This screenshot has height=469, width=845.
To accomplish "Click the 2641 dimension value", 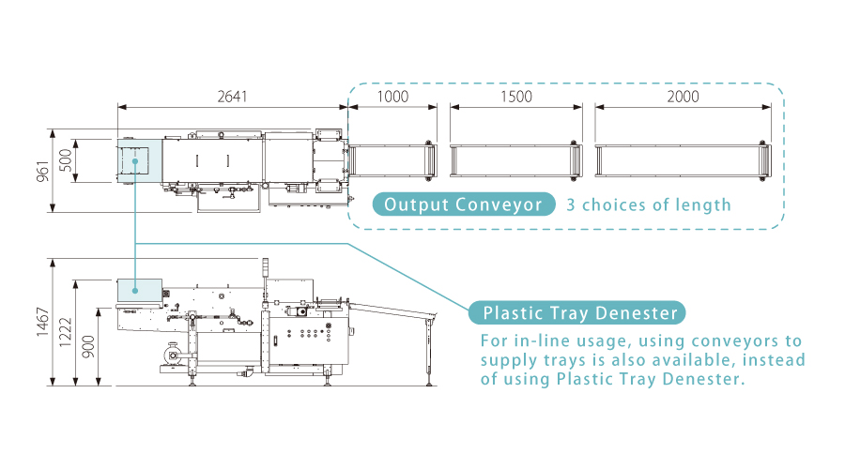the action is click(x=232, y=97).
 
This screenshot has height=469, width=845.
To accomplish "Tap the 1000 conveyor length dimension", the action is click(x=392, y=97).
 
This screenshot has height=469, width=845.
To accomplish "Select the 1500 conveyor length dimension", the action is click(x=516, y=97).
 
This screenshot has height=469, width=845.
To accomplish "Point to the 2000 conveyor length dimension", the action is click(x=683, y=97).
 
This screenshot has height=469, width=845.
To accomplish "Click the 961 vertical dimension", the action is click(x=43, y=172).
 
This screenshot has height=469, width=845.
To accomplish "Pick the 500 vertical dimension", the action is click(x=66, y=160).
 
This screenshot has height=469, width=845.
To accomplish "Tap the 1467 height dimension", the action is click(x=43, y=322).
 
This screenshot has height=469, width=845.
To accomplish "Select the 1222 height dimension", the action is click(x=66, y=333).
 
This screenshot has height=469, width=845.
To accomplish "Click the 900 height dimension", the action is click(x=88, y=347).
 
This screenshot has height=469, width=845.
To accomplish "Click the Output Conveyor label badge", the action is click(x=464, y=204).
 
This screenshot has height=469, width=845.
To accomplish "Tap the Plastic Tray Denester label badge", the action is click(x=577, y=313).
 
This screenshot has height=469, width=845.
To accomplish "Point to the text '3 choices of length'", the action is click(x=648, y=204).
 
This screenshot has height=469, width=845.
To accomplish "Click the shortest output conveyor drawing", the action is click(x=392, y=160).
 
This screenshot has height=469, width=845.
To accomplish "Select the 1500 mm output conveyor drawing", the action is click(x=515, y=160).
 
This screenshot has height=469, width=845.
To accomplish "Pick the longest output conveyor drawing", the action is click(x=683, y=160).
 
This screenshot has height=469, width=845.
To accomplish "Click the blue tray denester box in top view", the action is click(x=140, y=160).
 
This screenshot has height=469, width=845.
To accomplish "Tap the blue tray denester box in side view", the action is click(x=140, y=290).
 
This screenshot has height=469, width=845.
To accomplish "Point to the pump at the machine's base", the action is click(x=175, y=354).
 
